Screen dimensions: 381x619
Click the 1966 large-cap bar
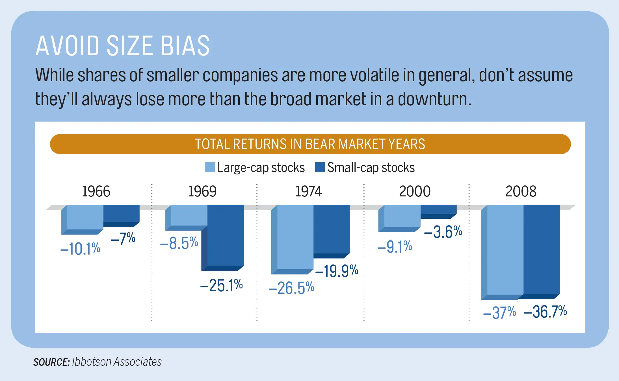[85, 217]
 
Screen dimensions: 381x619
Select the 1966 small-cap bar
[122, 214]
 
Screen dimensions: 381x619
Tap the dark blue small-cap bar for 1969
[225, 236]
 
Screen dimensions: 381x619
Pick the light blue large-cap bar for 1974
[295, 237]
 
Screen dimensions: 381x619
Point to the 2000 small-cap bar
[438, 209]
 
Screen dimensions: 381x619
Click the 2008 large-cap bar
[505, 250]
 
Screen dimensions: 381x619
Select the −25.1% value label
[221, 285]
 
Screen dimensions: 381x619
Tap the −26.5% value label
[291, 288]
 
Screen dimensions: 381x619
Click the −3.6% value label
[443, 232]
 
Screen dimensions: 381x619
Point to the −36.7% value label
[545, 312]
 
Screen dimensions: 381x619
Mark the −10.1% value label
[80, 249]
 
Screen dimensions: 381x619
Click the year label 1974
[308, 191]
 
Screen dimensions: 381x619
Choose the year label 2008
[521, 191]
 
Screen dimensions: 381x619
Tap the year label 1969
[202, 191]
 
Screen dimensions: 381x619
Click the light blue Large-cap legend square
[210, 167]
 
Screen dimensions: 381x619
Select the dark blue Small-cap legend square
[320, 167]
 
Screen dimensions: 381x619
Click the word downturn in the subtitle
[434, 99]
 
